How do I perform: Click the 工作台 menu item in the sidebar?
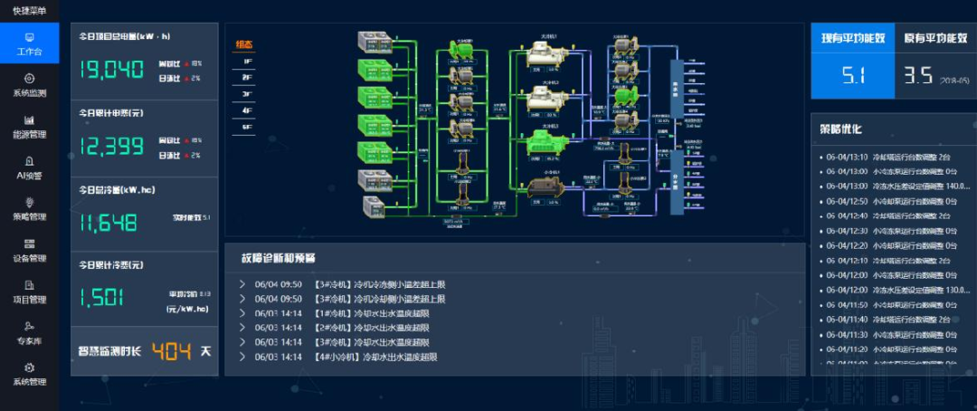pyautogui.click(x=29, y=43)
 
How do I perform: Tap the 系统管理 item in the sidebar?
pyautogui.click(x=29, y=374)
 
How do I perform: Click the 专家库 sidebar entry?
pyautogui.click(x=29, y=332)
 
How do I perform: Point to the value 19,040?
pyautogui.click(x=112, y=70)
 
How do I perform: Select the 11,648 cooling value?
pyautogui.click(x=109, y=223)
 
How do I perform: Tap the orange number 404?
pyautogui.click(x=171, y=350)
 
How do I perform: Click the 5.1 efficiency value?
pyautogui.click(x=854, y=76)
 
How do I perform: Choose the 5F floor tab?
pyautogui.click(x=247, y=128)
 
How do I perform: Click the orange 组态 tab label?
pyautogui.click(x=245, y=44)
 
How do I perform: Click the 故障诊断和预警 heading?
pyautogui.click(x=278, y=257)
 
